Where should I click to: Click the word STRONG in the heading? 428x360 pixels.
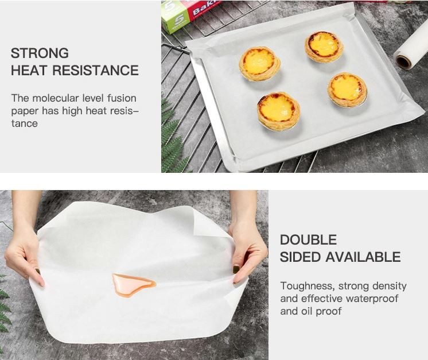pos(40,53)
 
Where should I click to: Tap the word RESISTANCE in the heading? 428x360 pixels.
pos(96,70)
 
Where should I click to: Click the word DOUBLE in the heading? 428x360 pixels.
pos(309,240)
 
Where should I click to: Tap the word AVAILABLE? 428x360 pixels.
pos(363,257)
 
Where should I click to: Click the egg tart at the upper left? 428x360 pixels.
pos(259,64)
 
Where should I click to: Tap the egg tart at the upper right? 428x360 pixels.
pos(324,47)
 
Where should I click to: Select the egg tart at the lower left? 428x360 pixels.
pos(278,111)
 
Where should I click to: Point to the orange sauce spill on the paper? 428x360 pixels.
pos(133,285)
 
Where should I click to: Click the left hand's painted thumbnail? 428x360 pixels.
pos(38,272)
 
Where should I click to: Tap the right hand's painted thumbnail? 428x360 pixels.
pos(236,269)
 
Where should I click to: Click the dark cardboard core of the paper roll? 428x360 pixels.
pos(403,62)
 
